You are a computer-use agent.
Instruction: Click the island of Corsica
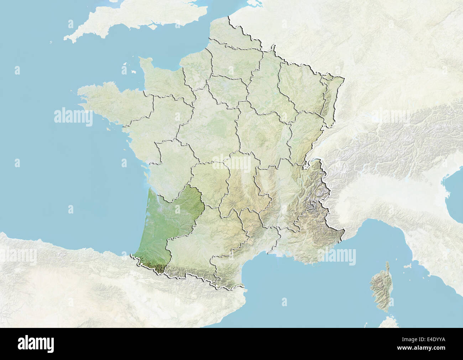tap(378, 285)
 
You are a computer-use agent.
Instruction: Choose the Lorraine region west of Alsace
tap(299, 86)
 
